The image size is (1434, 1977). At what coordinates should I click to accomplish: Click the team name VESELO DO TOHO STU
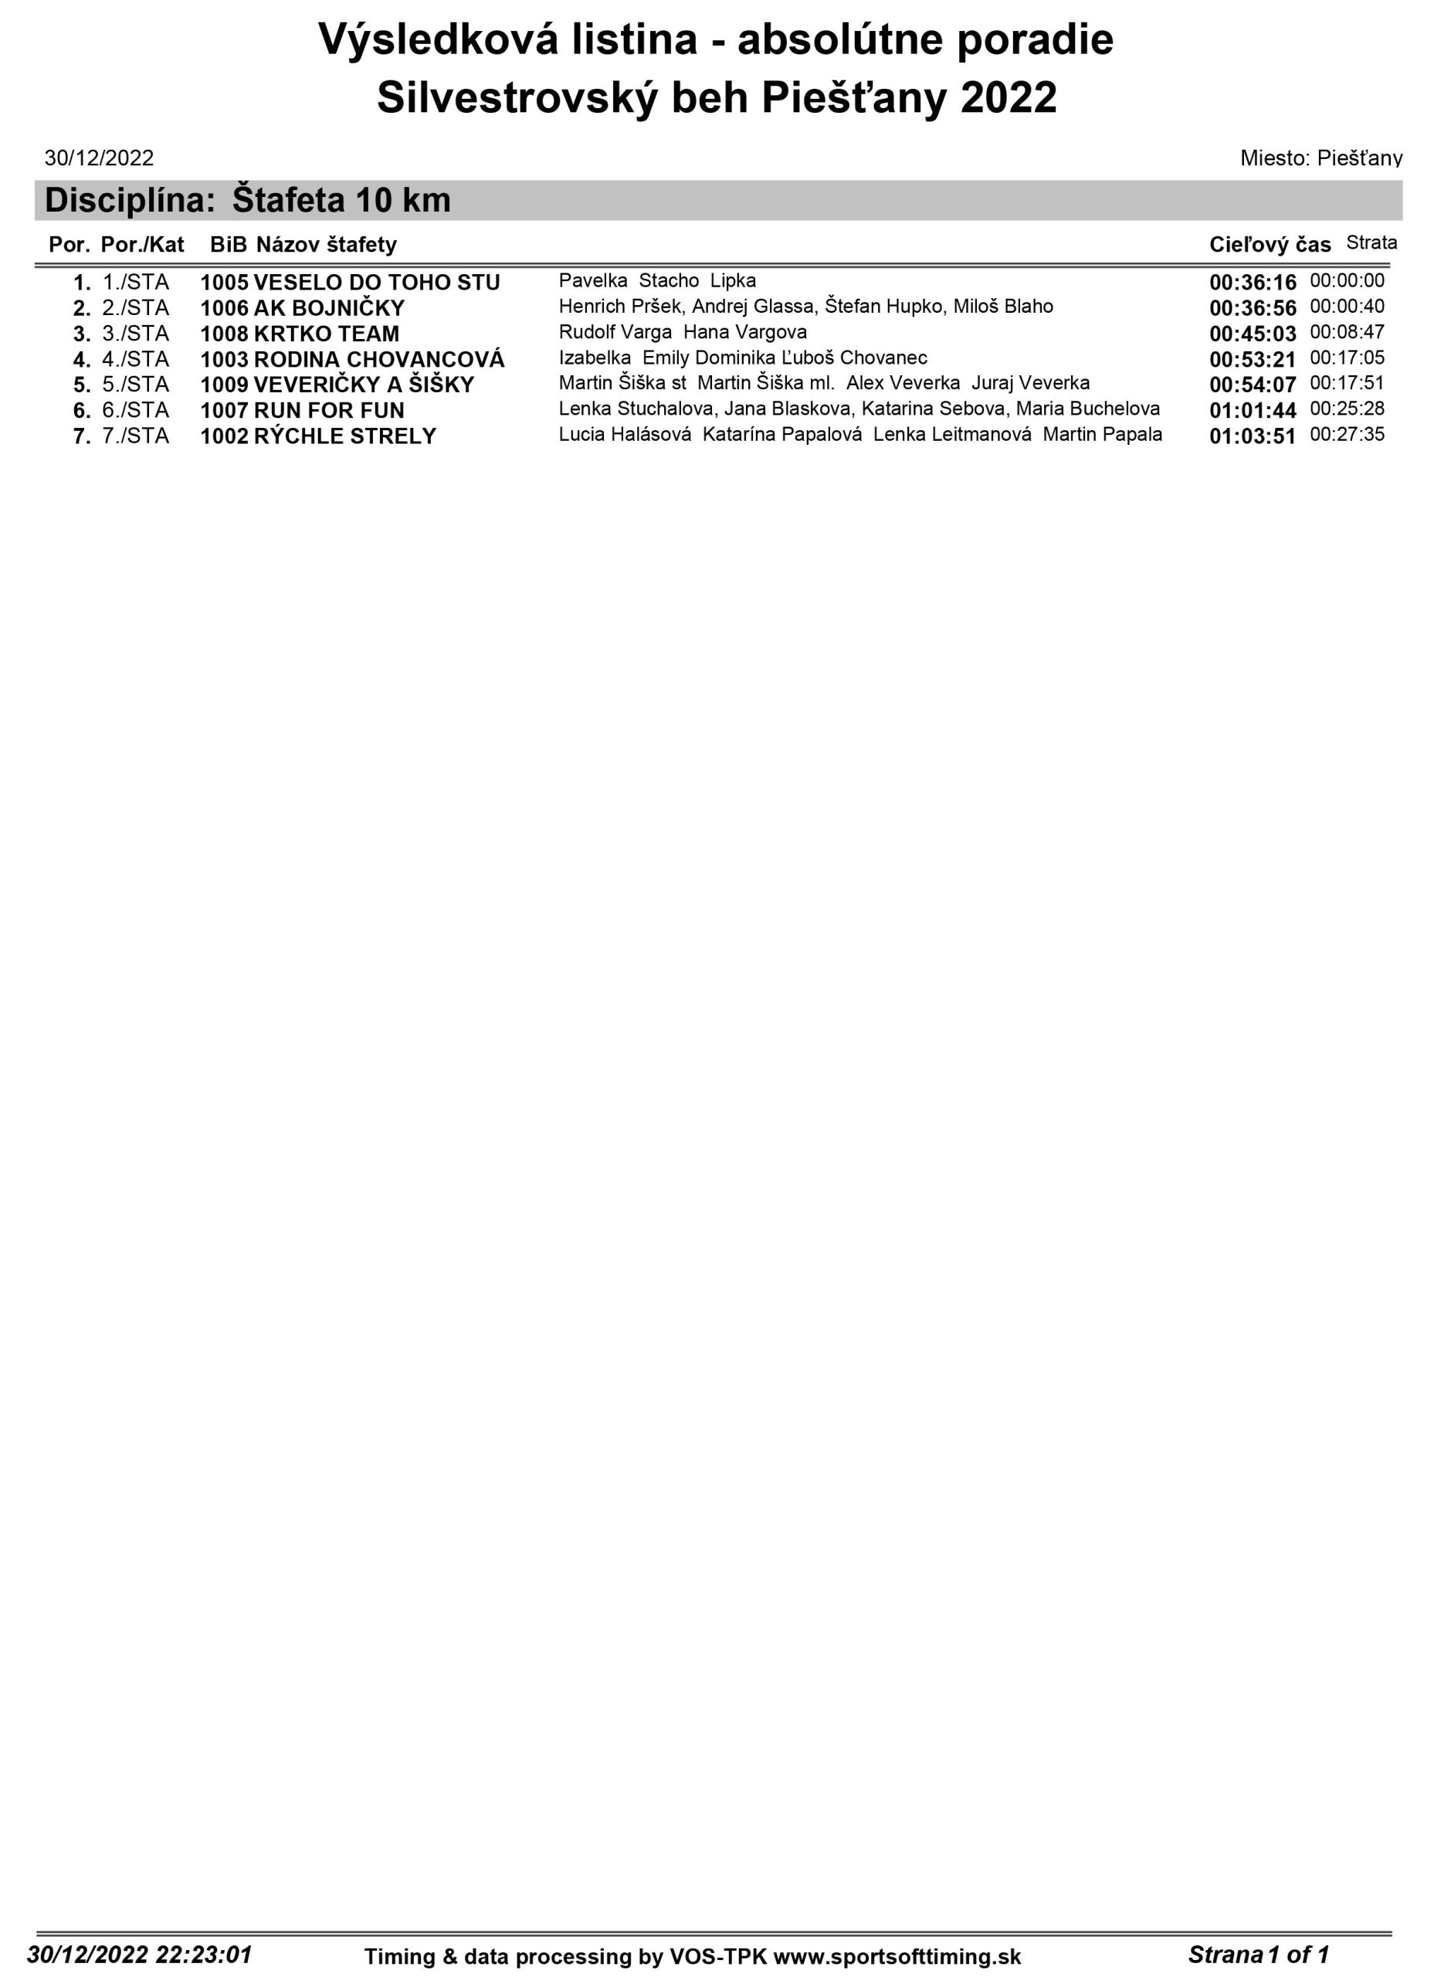376,283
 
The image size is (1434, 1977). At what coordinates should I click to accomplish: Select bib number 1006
224,309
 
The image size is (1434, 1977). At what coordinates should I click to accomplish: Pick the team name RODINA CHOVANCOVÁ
378,359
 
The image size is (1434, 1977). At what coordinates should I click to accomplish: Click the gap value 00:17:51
1347,383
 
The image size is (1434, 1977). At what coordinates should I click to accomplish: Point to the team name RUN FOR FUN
329,411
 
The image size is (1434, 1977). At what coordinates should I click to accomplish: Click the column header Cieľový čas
1270,245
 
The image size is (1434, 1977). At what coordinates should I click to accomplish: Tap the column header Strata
1371,242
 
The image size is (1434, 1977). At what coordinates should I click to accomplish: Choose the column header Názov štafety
326,245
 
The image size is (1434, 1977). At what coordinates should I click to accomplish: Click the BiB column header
229,245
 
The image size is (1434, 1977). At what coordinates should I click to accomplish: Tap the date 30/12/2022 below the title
100,158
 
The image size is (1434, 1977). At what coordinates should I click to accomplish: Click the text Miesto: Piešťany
1320,158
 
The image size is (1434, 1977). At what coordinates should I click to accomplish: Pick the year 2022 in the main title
1009,97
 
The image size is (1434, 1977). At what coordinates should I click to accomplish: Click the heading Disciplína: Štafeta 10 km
248,201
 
